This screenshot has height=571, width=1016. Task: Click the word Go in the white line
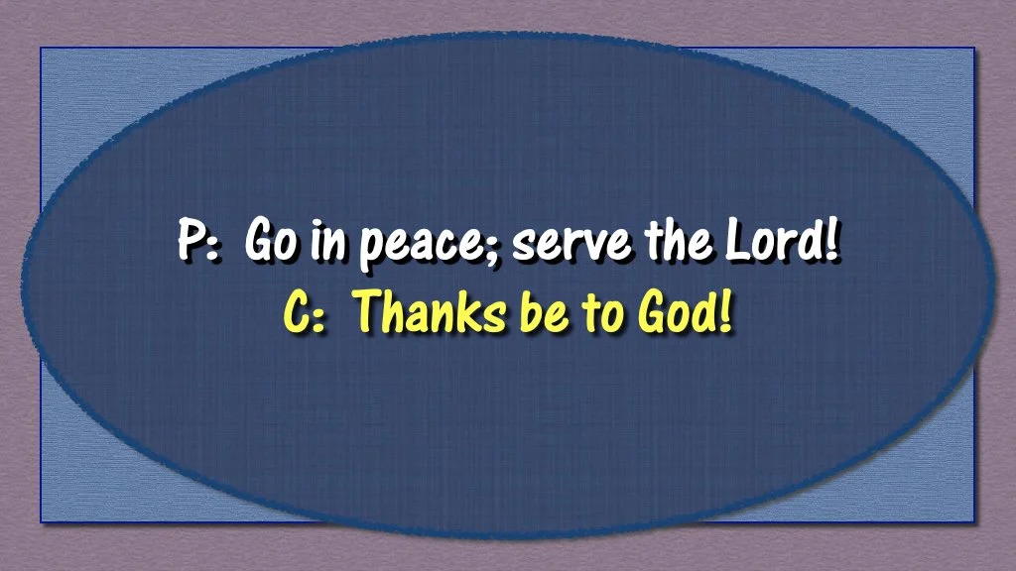point(268,243)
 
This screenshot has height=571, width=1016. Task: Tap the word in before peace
point(323,242)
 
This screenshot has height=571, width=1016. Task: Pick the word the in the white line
point(678,242)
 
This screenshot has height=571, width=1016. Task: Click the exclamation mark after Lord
point(830,242)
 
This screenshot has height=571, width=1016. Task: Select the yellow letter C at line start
point(297,313)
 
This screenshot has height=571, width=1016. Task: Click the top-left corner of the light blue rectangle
point(41,49)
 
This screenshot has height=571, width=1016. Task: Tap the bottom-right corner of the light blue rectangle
point(974,521)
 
